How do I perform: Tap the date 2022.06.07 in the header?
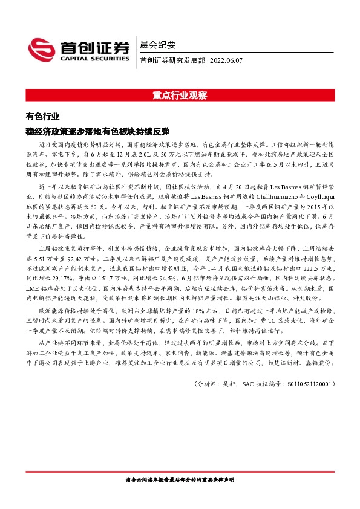(x=227, y=60)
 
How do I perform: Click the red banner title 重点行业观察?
(x=180, y=96)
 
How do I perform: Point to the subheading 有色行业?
(x=42, y=117)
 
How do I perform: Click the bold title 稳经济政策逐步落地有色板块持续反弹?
(x=97, y=131)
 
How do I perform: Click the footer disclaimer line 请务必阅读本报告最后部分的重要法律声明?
(x=180, y=481)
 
